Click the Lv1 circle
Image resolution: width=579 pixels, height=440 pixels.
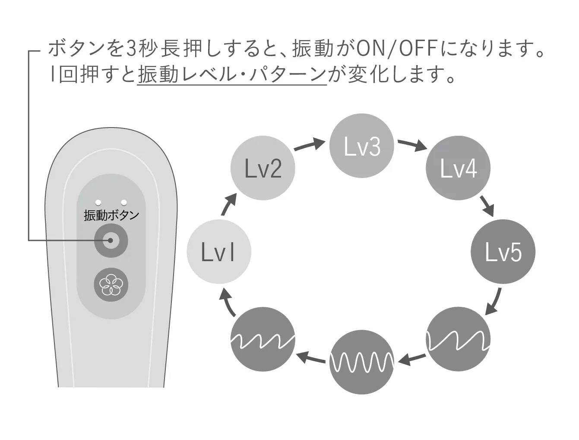tap(219, 251)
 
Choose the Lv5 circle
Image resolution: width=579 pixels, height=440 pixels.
tap(503, 251)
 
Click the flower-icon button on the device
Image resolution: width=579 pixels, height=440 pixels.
tap(111, 284)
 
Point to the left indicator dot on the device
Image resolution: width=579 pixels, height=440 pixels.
tap(98, 202)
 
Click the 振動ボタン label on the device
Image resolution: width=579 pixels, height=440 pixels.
tap(111, 215)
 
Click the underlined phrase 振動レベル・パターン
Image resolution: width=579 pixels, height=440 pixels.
tap(232, 75)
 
